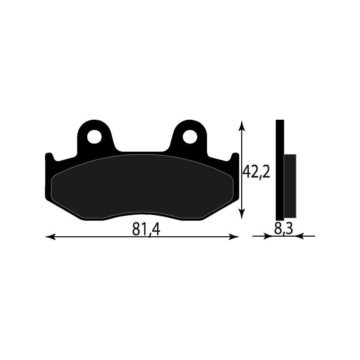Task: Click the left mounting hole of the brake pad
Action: [94, 136]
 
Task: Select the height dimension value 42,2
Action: [256, 171]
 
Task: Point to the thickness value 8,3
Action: [283, 229]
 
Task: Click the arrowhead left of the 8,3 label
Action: [270, 236]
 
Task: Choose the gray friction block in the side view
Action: [290, 184]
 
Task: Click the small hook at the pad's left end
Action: [49, 158]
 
